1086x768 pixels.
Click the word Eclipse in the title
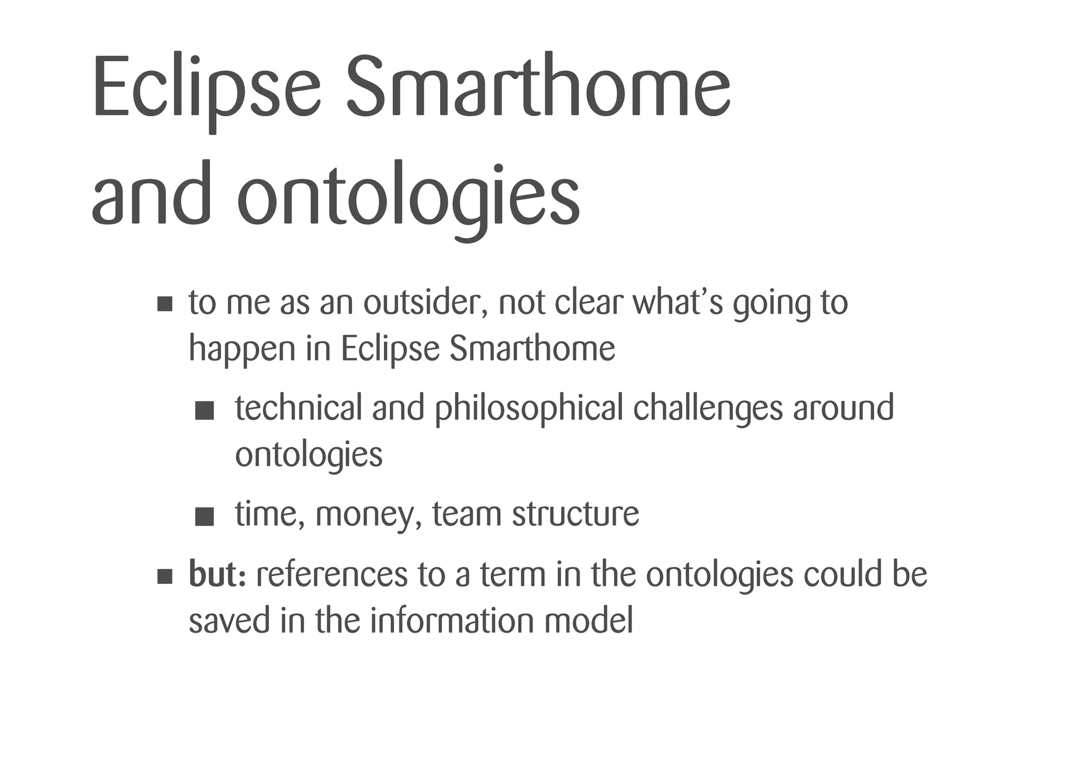coord(207,88)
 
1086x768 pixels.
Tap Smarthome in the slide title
coord(538,88)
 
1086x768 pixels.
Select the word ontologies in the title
coord(408,196)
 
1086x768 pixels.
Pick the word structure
coord(575,514)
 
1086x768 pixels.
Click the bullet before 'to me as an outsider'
coord(165,304)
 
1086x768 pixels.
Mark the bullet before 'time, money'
coord(204,517)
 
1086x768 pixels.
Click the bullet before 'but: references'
coord(165,577)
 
